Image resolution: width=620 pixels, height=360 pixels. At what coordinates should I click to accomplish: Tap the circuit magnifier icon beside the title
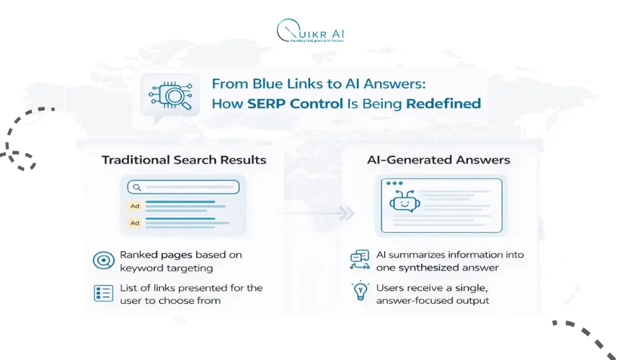coord(169,95)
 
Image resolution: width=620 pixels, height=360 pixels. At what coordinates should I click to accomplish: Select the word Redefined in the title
coord(443,103)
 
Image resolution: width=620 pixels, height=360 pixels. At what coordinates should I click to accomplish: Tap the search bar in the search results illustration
coord(184,187)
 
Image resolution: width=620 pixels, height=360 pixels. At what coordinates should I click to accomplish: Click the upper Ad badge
coord(134,206)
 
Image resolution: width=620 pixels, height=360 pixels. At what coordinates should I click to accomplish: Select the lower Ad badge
coord(134,223)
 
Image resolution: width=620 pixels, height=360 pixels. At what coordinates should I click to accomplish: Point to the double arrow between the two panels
coord(347,214)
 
